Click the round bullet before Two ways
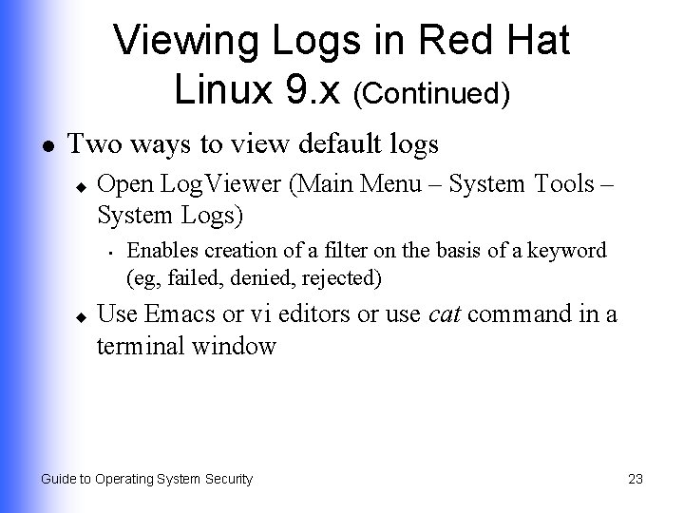point(47,146)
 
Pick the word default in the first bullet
point(331,145)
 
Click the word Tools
point(555,182)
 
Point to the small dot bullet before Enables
point(111,253)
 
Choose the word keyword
point(569,251)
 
